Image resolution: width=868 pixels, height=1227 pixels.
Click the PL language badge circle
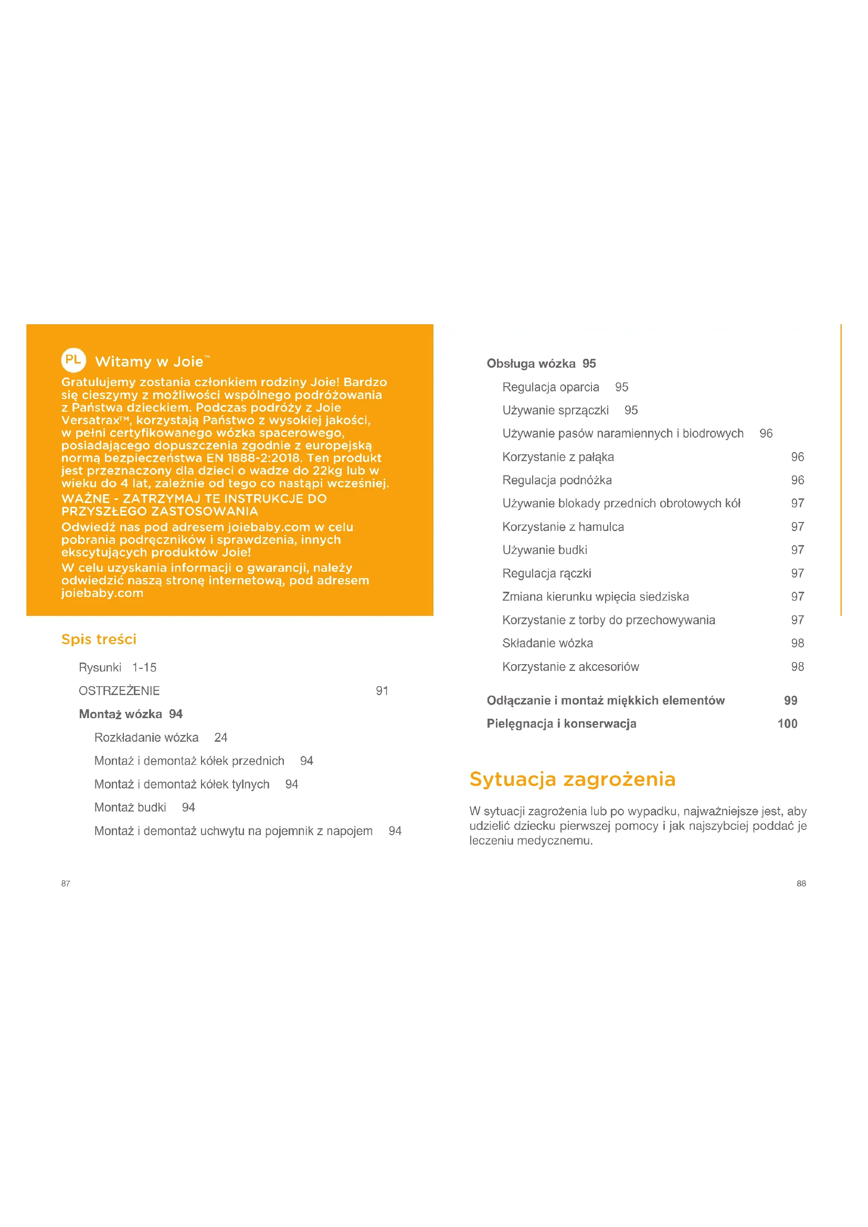(x=73, y=360)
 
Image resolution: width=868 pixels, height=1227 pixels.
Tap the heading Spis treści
(x=99, y=639)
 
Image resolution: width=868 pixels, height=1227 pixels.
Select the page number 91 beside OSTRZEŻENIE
(x=382, y=691)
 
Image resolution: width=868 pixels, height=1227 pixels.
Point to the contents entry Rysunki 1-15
(x=118, y=667)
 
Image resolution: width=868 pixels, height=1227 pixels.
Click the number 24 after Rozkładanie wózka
(x=221, y=738)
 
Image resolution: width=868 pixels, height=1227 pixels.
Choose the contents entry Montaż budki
(x=130, y=807)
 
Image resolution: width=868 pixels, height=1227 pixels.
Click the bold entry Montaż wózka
(x=120, y=714)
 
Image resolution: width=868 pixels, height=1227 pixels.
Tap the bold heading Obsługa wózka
(x=531, y=364)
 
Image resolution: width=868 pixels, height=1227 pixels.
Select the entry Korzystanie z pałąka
(x=558, y=457)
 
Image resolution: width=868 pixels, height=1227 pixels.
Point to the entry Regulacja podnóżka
(x=557, y=480)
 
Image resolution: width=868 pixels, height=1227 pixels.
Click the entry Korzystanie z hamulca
(x=563, y=527)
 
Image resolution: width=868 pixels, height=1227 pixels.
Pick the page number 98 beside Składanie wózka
(x=798, y=643)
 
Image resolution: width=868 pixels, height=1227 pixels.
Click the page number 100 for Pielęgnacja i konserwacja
(x=787, y=723)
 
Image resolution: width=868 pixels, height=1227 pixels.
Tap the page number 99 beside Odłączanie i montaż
(x=790, y=701)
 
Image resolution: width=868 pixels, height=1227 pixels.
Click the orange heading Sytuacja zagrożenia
(x=573, y=779)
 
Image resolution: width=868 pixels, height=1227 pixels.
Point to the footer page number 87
(x=66, y=883)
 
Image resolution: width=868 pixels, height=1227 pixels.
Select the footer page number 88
(x=801, y=883)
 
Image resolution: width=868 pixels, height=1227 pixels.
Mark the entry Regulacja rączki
(x=547, y=573)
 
